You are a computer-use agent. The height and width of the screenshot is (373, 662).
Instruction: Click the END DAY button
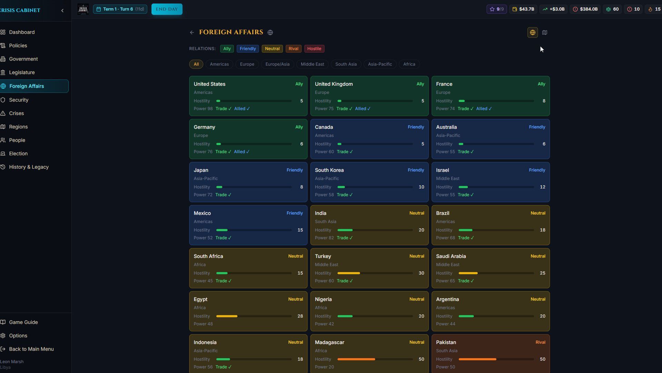pyautogui.click(x=167, y=9)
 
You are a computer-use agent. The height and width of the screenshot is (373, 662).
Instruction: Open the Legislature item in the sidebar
pyautogui.click(x=22, y=73)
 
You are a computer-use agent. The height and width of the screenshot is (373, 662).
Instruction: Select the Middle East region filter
pyautogui.click(x=312, y=64)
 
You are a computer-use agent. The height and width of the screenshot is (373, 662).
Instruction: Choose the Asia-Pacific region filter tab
pyautogui.click(x=380, y=64)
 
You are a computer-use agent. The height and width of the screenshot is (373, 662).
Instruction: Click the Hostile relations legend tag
pyautogui.click(x=314, y=49)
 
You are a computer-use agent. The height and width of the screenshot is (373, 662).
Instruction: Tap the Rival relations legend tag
pyautogui.click(x=293, y=49)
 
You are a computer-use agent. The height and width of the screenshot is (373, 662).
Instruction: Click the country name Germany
pyautogui.click(x=204, y=127)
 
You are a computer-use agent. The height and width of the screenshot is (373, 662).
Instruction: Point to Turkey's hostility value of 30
pyautogui.click(x=421, y=273)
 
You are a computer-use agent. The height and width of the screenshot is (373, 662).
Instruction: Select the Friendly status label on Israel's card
pyautogui.click(x=537, y=170)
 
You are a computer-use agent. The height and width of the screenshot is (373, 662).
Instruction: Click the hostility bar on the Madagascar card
pyautogui.click(x=375, y=359)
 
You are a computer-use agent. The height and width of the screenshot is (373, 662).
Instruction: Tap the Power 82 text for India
pyautogui.click(x=324, y=238)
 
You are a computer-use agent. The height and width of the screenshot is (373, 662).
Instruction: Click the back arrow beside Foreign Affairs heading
pyautogui.click(x=192, y=32)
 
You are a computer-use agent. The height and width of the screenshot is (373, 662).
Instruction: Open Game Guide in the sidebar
pyautogui.click(x=23, y=322)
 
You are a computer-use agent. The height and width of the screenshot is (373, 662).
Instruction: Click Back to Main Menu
pyautogui.click(x=31, y=349)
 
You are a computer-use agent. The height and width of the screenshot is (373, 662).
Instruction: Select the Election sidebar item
pyautogui.click(x=18, y=154)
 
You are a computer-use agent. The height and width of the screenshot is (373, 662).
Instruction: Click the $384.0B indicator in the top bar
pyautogui.click(x=585, y=9)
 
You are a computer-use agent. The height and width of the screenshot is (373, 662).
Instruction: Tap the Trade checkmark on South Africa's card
pyautogui.click(x=223, y=281)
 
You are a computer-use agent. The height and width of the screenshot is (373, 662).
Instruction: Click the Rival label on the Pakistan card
pyautogui.click(x=540, y=343)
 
